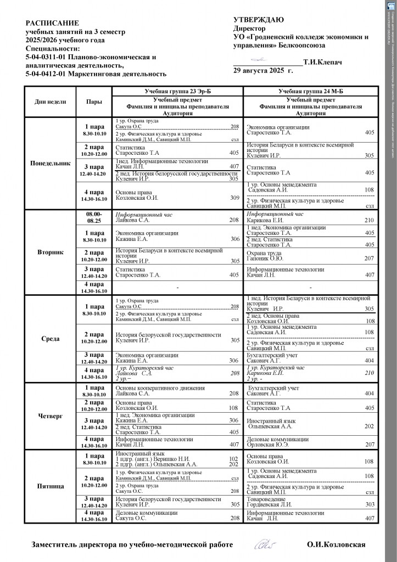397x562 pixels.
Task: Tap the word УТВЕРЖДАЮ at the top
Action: [259, 20]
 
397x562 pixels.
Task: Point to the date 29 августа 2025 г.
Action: [263, 70]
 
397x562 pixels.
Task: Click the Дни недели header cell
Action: [50, 102]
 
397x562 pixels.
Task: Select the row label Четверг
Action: [50, 416]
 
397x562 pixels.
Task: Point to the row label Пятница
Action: [50, 486]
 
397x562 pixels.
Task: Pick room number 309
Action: [234, 198]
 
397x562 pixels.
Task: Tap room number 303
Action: [370, 504]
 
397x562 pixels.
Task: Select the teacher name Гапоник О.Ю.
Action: [265, 258]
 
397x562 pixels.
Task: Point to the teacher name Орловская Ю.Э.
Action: [267, 445]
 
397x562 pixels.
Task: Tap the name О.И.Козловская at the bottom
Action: [336, 544]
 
